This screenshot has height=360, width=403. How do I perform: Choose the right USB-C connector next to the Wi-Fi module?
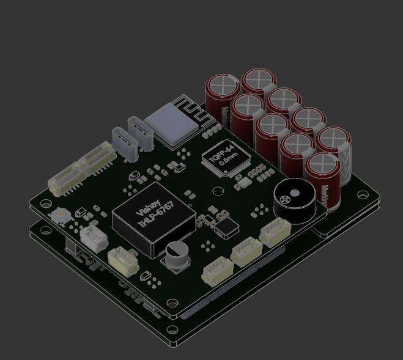click(140, 134)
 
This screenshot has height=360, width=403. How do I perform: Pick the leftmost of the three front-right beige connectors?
click(218, 270)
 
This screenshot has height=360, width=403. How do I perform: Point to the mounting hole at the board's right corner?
click(363, 197)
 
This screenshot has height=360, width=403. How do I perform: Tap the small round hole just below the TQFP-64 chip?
click(218, 191)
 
